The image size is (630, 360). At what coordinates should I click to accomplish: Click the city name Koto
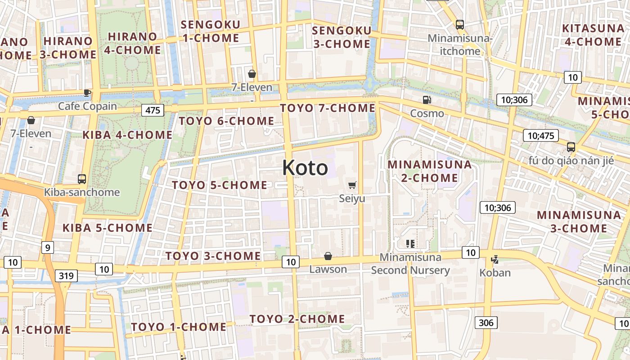(305, 168)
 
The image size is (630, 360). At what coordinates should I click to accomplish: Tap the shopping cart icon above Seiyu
(352, 185)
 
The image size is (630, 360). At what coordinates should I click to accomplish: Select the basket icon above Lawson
(328, 256)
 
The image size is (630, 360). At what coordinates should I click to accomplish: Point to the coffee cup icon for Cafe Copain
(87, 93)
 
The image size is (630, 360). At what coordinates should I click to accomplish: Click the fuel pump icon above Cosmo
(427, 100)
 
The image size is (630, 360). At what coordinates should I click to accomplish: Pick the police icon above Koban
(495, 260)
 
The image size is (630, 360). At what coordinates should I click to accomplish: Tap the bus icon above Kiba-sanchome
(82, 179)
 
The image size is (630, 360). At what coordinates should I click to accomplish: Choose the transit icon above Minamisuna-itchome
(459, 25)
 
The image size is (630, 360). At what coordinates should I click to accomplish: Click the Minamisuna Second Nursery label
(410, 264)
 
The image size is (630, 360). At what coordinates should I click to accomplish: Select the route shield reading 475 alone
(153, 110)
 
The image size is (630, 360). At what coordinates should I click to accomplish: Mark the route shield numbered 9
(47, 247)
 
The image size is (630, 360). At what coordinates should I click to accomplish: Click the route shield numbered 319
(66, 275)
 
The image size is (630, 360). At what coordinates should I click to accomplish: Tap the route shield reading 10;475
(540, 135)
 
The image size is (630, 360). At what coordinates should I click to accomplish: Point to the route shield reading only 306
(486, 322)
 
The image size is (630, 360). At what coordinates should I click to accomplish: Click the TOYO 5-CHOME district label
(220, 185)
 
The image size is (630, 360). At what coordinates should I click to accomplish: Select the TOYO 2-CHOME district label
(297, 319)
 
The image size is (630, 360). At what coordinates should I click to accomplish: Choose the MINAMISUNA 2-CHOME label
(429, 171)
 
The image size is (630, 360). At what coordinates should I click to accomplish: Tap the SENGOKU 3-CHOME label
(342, 37)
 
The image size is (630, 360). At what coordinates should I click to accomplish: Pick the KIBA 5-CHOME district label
(108, 228)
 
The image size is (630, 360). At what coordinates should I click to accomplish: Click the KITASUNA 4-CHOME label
(593, 35)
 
